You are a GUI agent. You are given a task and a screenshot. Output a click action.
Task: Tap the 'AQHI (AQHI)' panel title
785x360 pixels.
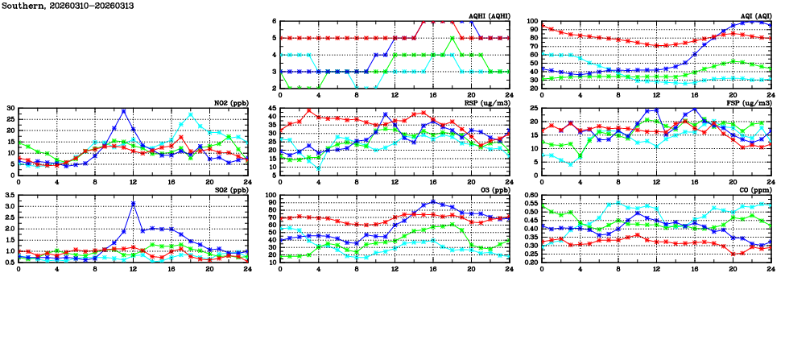[490, 15]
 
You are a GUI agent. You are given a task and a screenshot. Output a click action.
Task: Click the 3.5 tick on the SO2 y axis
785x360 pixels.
[10, 196]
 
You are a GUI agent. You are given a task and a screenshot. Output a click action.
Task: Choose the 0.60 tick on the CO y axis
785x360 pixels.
[530, 196]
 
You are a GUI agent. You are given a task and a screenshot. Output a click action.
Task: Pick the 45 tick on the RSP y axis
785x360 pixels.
[272, 108]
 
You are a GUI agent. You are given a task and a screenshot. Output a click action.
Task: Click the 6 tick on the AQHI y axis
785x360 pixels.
[275, 22]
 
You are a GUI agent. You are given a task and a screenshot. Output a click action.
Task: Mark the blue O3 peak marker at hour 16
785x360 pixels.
[433, 201]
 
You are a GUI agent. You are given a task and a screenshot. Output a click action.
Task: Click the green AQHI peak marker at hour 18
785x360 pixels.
[452, 38]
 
